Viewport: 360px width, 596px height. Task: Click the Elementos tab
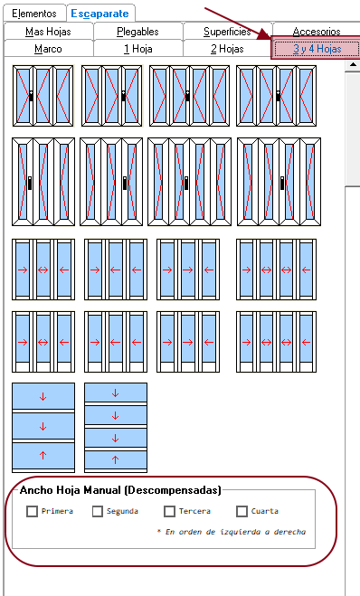pos(34,14)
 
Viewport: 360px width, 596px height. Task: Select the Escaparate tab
pos(100,14)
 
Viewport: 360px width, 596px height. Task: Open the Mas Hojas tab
pos(48,32)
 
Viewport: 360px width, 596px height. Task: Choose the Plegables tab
pos(137,32)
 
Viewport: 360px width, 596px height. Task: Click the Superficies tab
pos(227,32)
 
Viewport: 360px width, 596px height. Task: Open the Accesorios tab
pos(317,31)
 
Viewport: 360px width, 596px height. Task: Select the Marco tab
pos(48,49)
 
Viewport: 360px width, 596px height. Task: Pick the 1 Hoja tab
pos(138,49)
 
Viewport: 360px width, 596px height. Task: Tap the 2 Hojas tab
pos(227,49)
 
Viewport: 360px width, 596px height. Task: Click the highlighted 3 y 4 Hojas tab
pos(316,48)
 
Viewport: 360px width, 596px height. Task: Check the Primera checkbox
pos(32,511)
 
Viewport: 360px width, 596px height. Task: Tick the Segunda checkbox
pos(98,511)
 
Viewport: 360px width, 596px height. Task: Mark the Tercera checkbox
pos(169,511)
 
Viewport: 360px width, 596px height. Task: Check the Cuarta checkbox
pos(242,511)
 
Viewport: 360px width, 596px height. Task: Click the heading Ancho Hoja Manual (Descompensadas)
pos(120,490)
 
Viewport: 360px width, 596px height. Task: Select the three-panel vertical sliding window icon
pos(43,428)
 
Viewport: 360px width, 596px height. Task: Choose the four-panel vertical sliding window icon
pos(116,428)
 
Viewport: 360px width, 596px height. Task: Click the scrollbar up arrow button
pos(353,64)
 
